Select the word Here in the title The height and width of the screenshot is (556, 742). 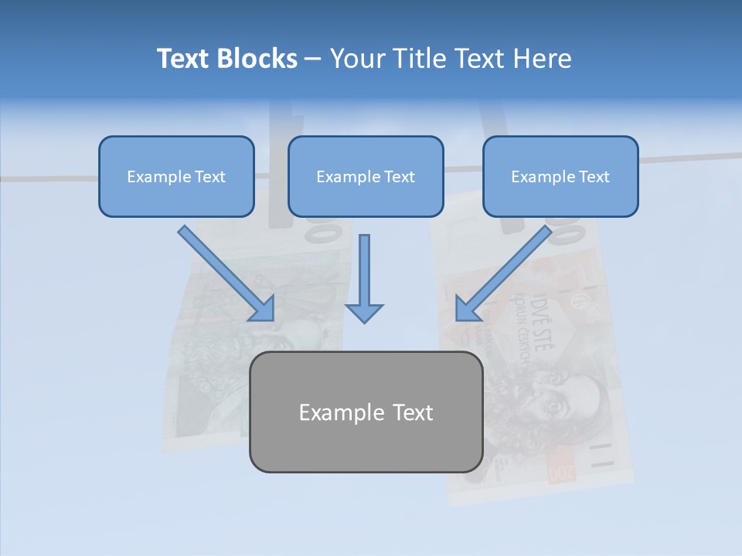coord(543,59)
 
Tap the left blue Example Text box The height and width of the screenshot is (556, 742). coord(176,176)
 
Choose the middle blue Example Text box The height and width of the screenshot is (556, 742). coord(366,176)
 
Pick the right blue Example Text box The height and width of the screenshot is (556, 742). coord(560,176)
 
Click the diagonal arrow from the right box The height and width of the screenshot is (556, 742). coord(502,274)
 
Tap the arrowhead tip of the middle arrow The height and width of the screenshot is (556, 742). coord(364,320)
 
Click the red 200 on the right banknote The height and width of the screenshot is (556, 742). coord(563,473)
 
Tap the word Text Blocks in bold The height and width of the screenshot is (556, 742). coord(226,59)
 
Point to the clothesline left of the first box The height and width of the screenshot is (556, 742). coord(46,178)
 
